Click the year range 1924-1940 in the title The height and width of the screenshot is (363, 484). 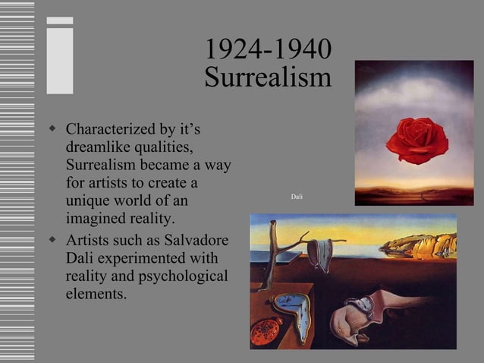[x=268, y=50]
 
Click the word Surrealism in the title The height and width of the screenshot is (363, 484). [x=268, y=77]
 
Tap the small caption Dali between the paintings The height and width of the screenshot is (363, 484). [x=297, y=197]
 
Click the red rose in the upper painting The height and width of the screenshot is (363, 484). [x=416, y=140]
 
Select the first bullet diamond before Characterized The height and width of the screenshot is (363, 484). [x=52, y=128]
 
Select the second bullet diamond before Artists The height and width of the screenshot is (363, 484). [x=52, y=239]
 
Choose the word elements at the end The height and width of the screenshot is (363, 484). [x=96, y=293]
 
